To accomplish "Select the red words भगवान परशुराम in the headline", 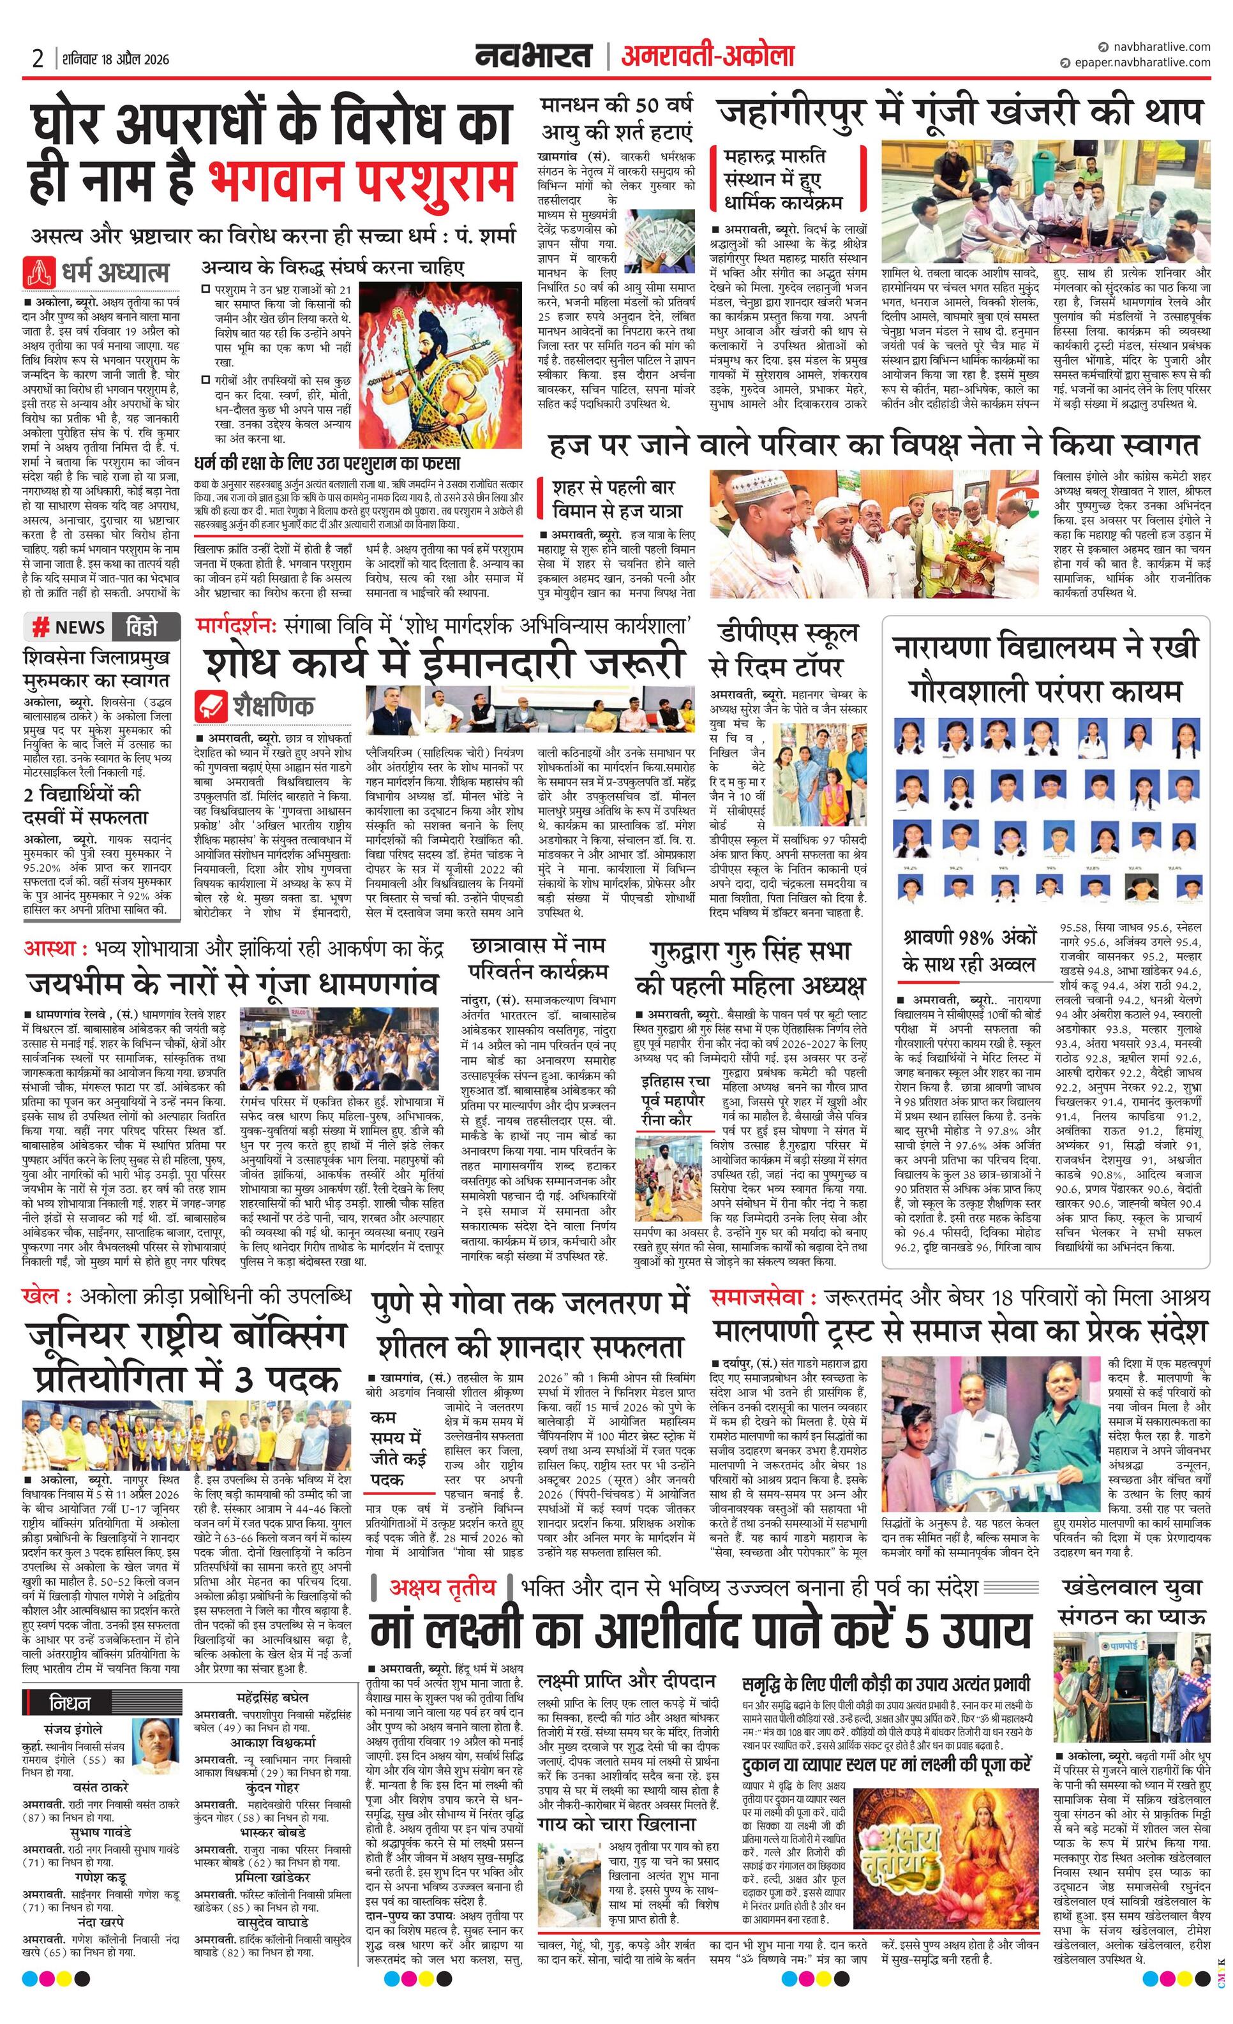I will coord(361,179).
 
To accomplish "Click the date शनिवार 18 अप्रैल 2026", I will coord(115,59).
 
